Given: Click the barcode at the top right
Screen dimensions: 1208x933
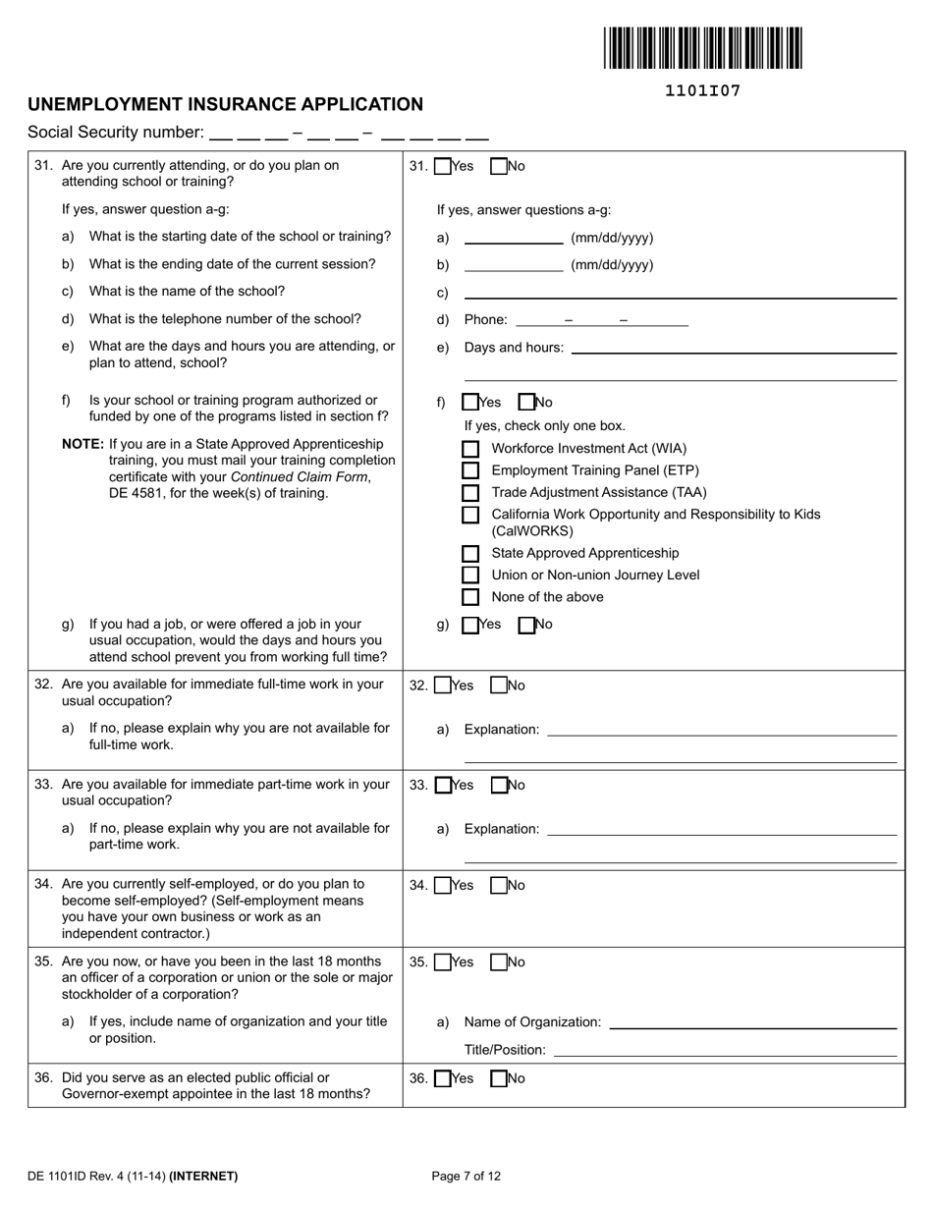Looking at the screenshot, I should point(702,48).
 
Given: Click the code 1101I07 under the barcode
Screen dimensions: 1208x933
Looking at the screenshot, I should point(702,91).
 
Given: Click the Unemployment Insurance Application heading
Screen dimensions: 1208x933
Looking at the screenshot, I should point(226,104).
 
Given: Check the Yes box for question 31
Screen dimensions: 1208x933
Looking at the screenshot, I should point(443,167).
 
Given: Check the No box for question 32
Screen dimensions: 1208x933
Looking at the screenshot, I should point(499,686).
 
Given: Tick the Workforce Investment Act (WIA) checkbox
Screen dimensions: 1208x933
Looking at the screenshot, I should point(470,449).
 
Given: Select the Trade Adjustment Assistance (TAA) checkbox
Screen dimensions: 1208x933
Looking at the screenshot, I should point(470,493).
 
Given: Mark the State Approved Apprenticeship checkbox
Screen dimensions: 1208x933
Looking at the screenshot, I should point(470,554).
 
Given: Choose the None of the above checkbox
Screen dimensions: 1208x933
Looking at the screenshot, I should point(470,597).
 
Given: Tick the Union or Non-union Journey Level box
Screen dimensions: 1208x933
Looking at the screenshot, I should point(470,576).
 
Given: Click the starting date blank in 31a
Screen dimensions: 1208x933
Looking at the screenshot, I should point(514,238).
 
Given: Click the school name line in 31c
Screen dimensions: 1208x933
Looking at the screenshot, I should point(680,293).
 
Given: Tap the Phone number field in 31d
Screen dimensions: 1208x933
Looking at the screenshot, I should point(601,320).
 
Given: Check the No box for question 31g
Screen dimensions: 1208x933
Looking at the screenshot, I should point(526,625).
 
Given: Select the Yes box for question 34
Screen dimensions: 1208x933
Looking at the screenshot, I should point(443,886).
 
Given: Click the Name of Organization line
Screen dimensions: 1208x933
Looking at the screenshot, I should point(753,1022).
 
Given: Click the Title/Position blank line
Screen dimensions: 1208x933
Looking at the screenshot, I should point(725,1050).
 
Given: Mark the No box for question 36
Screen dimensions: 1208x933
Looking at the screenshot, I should point(499,1079).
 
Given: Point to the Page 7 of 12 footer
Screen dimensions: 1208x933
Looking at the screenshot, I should point(466,1176).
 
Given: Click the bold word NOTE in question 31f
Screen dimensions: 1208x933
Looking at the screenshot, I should point(82,444).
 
